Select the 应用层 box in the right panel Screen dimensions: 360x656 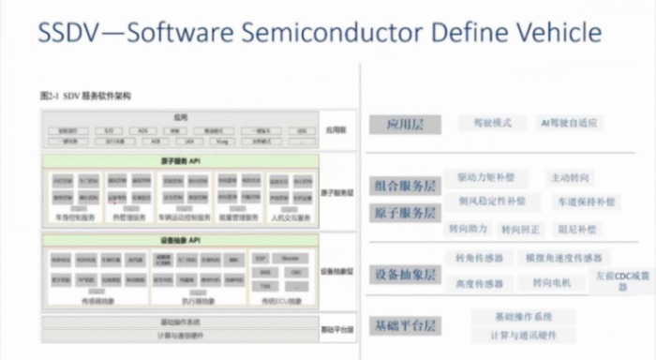(x=405, y=124)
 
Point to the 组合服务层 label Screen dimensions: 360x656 (x=405, y=185)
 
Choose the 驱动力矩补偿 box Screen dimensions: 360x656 (x=491, y=177)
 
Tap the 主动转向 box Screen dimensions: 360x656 (x=571, y=177)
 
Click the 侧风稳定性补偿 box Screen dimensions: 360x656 (x=491, y=202)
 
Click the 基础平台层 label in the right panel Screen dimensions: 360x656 (x=405, y=325)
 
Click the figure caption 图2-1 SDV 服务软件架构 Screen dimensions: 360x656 (x=85, y=96)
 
